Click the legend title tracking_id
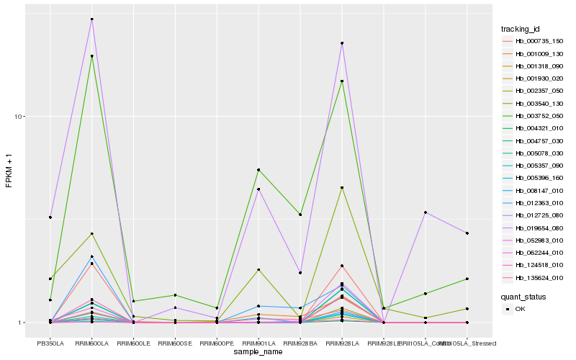tap(520, 29)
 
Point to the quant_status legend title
tap(523, 296)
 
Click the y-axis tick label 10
tap(20, 117)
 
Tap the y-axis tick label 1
tap(22, 323)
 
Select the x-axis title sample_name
tap(258, 351)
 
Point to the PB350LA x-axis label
tap(50, 343)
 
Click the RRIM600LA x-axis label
tap(92, 343)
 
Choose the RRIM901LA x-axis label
tap(258, 343)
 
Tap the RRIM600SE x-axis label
tap(175, 343)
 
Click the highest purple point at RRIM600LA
tap(92, 19)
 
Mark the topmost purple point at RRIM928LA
tap(342, 43)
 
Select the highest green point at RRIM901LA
tap(258, 170)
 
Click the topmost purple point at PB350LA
tap(50, 217)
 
